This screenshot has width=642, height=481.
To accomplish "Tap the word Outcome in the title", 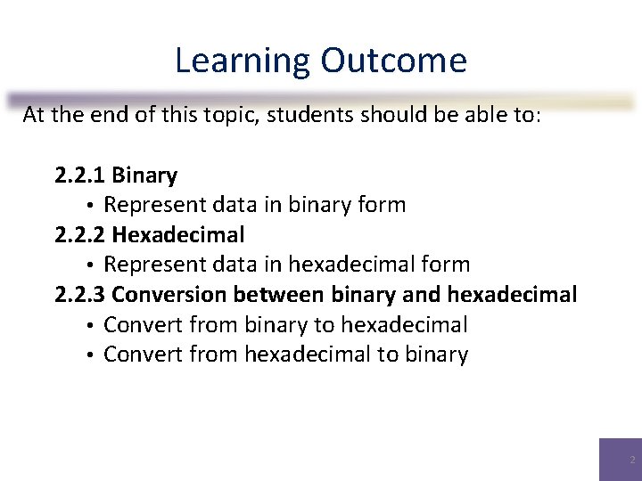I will tap(393, 61).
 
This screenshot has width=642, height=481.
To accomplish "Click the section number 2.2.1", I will tap(79, 175).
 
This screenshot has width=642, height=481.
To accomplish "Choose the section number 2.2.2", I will tap(80, 235).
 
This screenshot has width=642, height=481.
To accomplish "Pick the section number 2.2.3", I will tap(80, 294).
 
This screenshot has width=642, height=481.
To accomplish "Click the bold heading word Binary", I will tap(144, 175).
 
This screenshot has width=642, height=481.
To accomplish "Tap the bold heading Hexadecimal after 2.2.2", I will tap(178, 235).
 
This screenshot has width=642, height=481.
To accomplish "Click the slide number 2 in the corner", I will tap(632, 461).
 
